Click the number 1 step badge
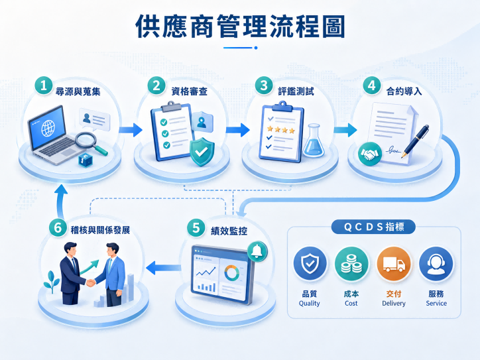44,85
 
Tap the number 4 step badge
372,85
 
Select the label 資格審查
189,91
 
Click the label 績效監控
229,231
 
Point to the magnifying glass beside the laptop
91,143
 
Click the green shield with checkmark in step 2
202,151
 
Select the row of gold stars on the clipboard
280,130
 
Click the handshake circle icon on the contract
370,154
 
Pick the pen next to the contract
416,141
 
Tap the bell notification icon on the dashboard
257,252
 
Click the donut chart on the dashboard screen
232,273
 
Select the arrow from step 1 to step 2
131,130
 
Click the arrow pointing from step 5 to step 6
164,268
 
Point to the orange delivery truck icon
394,264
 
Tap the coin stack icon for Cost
351,264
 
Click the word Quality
309,304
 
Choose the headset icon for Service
436,264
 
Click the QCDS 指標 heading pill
373,227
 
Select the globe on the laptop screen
48,128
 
